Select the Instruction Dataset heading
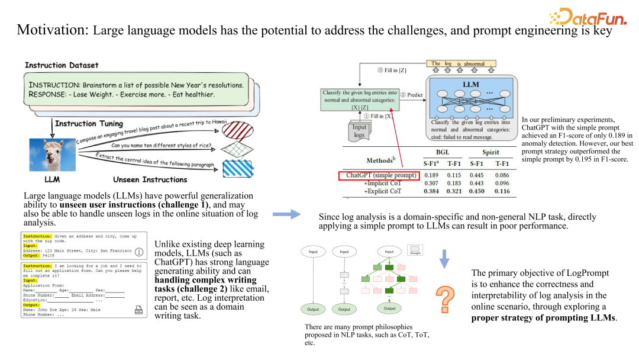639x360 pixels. pos(62,65)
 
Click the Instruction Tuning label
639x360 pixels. pos(89,124)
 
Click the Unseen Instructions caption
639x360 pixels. pos(150,179)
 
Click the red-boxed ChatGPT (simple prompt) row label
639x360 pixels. pos(379,176)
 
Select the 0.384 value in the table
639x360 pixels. pos(431,192)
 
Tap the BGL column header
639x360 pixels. pos(443,152)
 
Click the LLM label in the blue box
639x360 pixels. pos(470,85)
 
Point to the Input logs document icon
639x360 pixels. pos(359,130)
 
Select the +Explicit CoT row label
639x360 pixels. pos(383,192)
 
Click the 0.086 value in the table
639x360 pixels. pos(502,176)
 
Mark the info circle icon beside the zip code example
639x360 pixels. pos(139,252)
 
